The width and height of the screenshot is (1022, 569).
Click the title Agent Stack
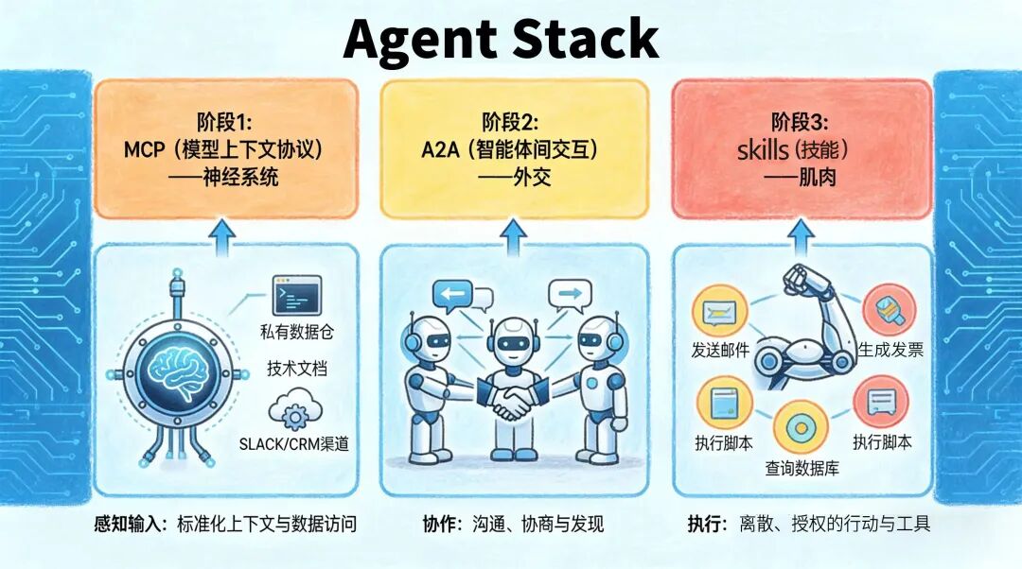(x=501, y=40)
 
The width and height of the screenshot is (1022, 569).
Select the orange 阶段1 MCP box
(x=225, y=148)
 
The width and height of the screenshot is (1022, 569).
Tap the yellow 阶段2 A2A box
(x=514, y=148)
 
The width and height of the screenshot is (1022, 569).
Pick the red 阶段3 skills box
(x=802, y=148)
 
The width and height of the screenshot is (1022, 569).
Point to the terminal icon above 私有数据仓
(x=292, y=296)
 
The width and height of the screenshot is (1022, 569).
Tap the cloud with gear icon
(x=292, y=411)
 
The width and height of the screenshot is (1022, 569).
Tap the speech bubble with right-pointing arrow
(x=569, y=297)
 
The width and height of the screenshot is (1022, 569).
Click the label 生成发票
(x=890, y=351)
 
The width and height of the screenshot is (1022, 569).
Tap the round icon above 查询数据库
(x=801, y=428)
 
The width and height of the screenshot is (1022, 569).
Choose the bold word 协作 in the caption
(x=440, y=523)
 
